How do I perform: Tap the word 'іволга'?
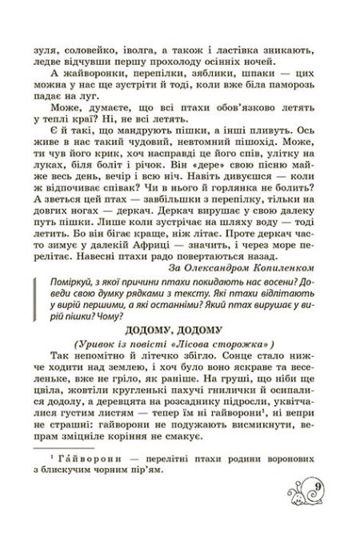pos(152,48)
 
